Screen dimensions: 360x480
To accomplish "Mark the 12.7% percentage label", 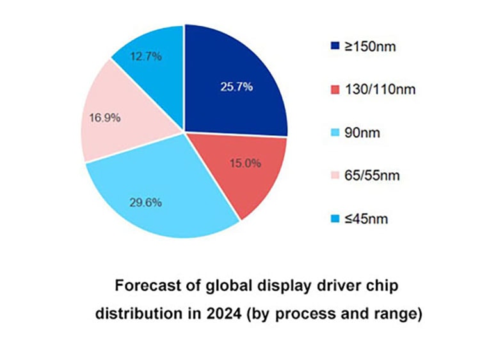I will pyautogui.click(x=148, y=56).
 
